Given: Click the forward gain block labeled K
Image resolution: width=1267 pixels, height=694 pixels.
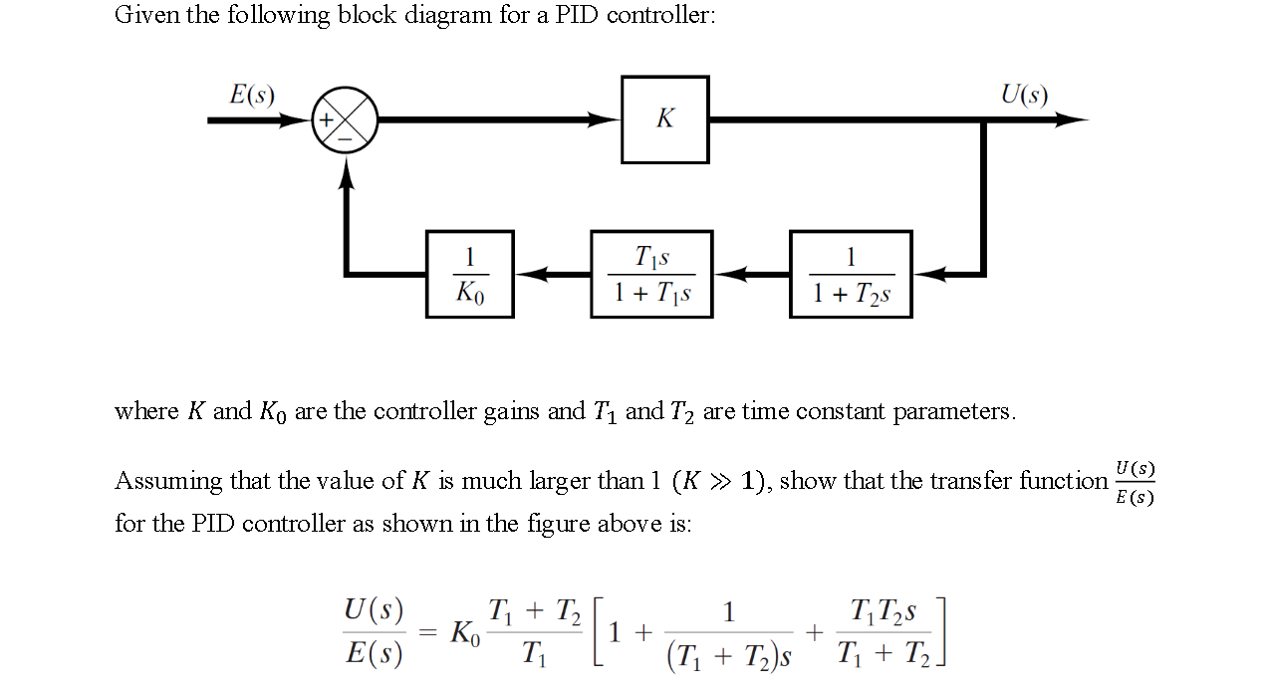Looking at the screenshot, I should tap(664, 119).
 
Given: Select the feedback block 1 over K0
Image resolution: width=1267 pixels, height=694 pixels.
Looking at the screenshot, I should tap(469, 274).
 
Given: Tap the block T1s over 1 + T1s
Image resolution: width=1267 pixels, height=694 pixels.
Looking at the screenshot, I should tap(651, 274).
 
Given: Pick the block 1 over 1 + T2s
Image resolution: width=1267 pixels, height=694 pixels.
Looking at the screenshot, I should tap(850, 274).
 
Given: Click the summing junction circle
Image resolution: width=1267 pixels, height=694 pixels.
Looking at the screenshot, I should tap(346, 120).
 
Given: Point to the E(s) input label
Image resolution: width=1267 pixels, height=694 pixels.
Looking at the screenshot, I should tap(252, 95).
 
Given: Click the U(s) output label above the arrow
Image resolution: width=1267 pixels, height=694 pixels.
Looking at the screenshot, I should tap(1024, 95).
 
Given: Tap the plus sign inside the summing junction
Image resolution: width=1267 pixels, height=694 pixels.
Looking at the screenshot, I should tap(326, 120).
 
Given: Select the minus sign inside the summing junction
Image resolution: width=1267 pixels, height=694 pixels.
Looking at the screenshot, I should tap(346, 139).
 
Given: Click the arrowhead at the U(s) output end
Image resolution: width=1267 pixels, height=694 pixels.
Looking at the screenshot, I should tap(1074, 119).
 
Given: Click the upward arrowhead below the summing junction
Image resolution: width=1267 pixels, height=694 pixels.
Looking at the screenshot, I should tap(346, 170).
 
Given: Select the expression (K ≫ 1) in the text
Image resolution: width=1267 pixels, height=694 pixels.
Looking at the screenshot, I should tap(719, 481).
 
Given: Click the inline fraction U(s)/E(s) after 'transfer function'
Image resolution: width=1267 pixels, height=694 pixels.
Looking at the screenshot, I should tap(1135, 482).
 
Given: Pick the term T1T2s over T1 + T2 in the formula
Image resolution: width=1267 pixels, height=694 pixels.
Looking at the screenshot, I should tap(884, 632).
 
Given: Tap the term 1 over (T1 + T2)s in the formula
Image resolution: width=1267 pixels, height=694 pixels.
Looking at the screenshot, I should tap(729, 632).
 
